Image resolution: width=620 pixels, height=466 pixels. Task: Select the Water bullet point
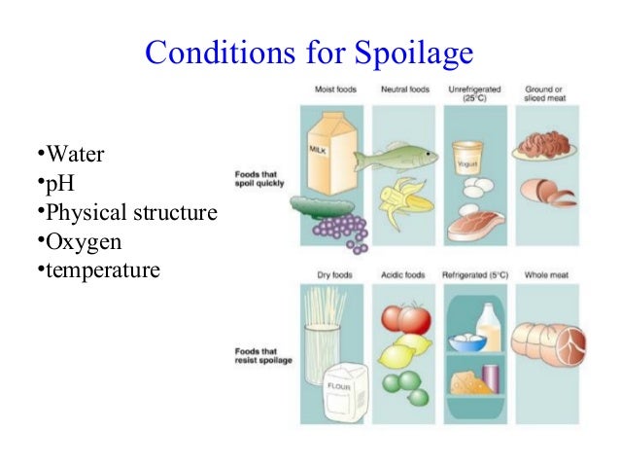pos(69,154)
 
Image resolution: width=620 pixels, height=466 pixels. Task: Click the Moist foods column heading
pos(335,90)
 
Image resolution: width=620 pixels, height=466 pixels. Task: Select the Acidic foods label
pos(405,275)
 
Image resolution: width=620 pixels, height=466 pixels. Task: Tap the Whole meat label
pos(544,275)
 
